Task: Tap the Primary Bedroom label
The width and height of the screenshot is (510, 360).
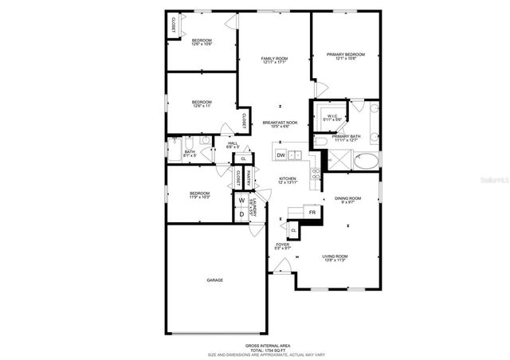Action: click(345, 55)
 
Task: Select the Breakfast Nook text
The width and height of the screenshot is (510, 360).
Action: click(280, 123)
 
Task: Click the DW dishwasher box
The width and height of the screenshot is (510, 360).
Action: click(280, 155)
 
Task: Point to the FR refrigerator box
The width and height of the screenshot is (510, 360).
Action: click(313, 213)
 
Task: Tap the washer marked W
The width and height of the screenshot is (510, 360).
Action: click(241, 200)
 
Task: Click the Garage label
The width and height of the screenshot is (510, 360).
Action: click(214, 280)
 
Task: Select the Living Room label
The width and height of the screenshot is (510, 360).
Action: click(339, 256)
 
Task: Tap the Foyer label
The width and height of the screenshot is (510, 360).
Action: click(282, 245)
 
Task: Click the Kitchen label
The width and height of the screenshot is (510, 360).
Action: click(288, 179)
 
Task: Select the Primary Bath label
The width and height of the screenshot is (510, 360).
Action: click(346, 137)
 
